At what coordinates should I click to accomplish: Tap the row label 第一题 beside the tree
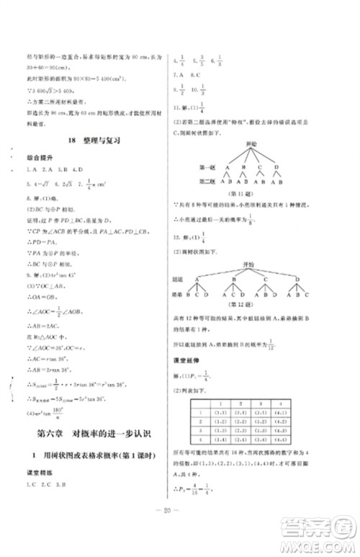(x=207, y=166)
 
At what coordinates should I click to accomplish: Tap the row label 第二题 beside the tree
(x=207, y=180)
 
